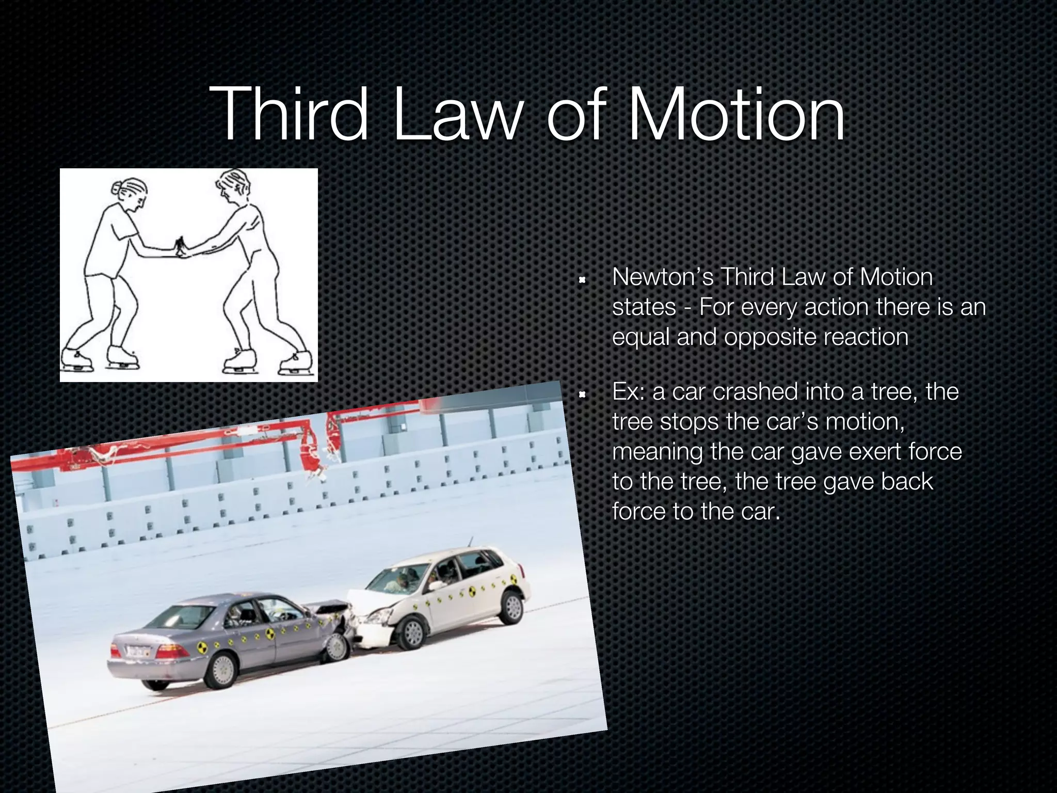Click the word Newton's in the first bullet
(x=663, y=277)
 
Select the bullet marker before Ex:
(x=582, y=395)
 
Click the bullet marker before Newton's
(x=582, y=281)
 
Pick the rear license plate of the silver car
(x=136, y=651)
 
